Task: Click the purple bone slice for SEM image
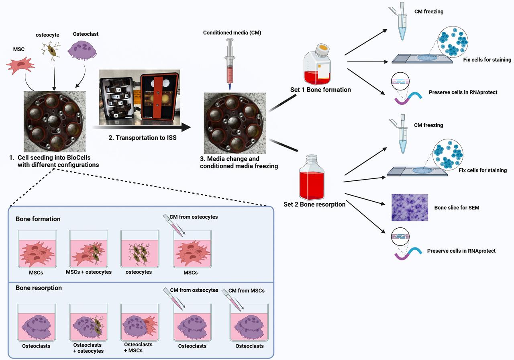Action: (410, 207)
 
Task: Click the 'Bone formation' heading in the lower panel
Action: (38, 219)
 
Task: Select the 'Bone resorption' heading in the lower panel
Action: (39, 288)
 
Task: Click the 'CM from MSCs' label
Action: (246, 290)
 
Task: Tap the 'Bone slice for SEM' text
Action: (457, 208)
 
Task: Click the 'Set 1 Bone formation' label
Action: (320, 90)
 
